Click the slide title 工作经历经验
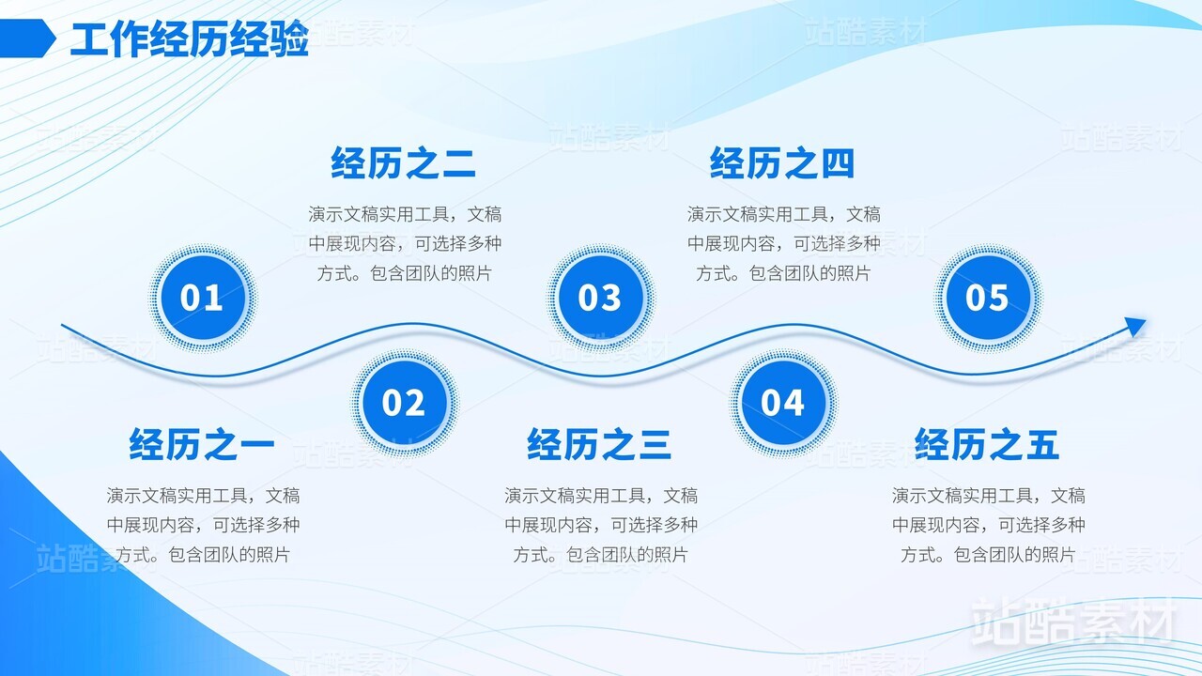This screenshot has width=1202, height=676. click(190, 38)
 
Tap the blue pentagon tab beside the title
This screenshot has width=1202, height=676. click(27, 38)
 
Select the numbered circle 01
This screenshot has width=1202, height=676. click(202, 298)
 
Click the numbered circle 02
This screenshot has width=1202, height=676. click(404, 403)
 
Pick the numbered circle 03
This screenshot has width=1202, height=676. click(600, 298)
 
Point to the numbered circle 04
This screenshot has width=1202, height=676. click(783, 403)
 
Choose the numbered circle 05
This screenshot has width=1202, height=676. click(988, 298)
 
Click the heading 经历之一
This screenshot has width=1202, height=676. click(201, 444)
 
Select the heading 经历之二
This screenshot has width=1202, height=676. click(403, 163)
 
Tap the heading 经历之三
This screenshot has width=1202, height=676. click(599, 444)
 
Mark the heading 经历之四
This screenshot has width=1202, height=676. click(782, 163)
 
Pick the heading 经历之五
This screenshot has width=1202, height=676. click(987, 444)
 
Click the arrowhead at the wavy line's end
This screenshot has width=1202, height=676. click(1134, 326)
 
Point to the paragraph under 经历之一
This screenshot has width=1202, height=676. click(203, 525)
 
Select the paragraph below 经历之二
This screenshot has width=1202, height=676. click(405, 243)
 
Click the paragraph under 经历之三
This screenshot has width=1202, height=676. click(601, 525)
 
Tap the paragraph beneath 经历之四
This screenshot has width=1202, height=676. click(783, 243)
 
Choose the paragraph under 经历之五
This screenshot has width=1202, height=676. click(989, 525)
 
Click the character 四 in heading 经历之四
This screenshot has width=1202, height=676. click(838, 163)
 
